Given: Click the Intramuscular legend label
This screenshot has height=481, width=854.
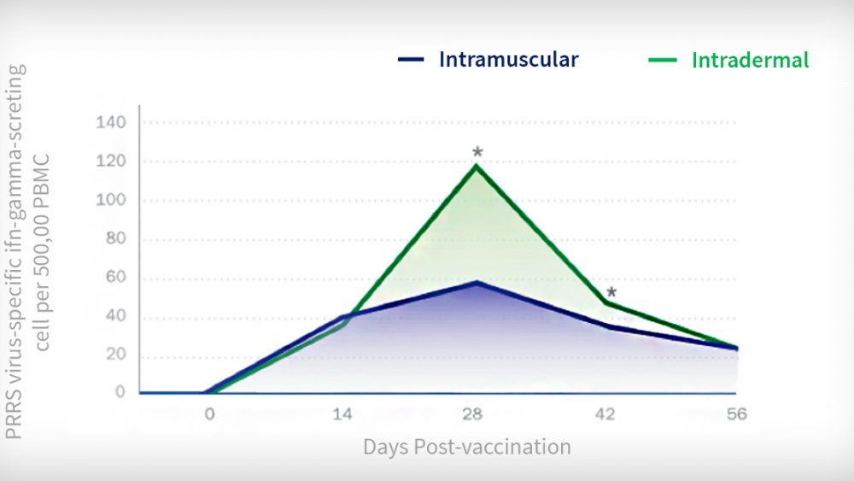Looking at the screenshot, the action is coord(509,59).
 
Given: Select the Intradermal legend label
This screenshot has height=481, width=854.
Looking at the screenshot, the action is coord(750,60).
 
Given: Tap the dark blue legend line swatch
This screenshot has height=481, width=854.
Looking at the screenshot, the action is coord(411,59).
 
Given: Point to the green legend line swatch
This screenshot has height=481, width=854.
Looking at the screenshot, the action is coord(663,60).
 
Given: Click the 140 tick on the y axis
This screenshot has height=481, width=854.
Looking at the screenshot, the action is coord(110,122).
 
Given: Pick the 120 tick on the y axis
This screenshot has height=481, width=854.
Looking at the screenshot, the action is coord(110,161).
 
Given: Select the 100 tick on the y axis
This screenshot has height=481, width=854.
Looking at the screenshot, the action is coord(110,200).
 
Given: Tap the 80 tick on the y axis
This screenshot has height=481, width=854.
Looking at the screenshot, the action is coord(115,238).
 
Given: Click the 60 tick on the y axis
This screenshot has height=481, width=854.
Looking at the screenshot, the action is coord(115,277).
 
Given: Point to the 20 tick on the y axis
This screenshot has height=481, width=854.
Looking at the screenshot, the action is coord(115,354).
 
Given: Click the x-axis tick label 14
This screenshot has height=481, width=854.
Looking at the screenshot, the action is coord(342,414).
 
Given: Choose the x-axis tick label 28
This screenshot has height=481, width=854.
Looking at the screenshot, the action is coord(472,414).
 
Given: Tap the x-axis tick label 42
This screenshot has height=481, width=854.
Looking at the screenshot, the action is coord(605,414).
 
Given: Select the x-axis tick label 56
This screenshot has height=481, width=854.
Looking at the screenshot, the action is coord(736,414).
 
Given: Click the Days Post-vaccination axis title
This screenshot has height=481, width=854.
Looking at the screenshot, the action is coord(467,447).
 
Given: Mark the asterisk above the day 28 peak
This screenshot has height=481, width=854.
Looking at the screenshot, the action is coord(477,152).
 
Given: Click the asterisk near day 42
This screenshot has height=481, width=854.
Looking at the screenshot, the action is coord(611,292).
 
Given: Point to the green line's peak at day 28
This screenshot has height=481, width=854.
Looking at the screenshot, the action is coord(477,166).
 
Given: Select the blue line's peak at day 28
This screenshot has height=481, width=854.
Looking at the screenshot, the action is coord(477,283).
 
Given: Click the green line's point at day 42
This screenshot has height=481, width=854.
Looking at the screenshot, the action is coord(606,303).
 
